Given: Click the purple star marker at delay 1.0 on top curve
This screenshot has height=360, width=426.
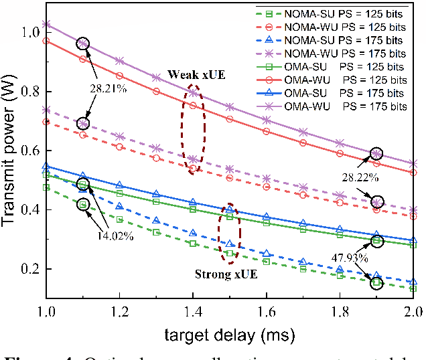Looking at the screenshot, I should pyautogui.click(x=46, y=24).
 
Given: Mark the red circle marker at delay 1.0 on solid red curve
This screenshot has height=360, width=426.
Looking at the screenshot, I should pyautogui.click(x=46, y=41).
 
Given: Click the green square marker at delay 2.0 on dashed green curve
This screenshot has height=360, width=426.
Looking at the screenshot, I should pyautogui.click(x=413, y=288).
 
